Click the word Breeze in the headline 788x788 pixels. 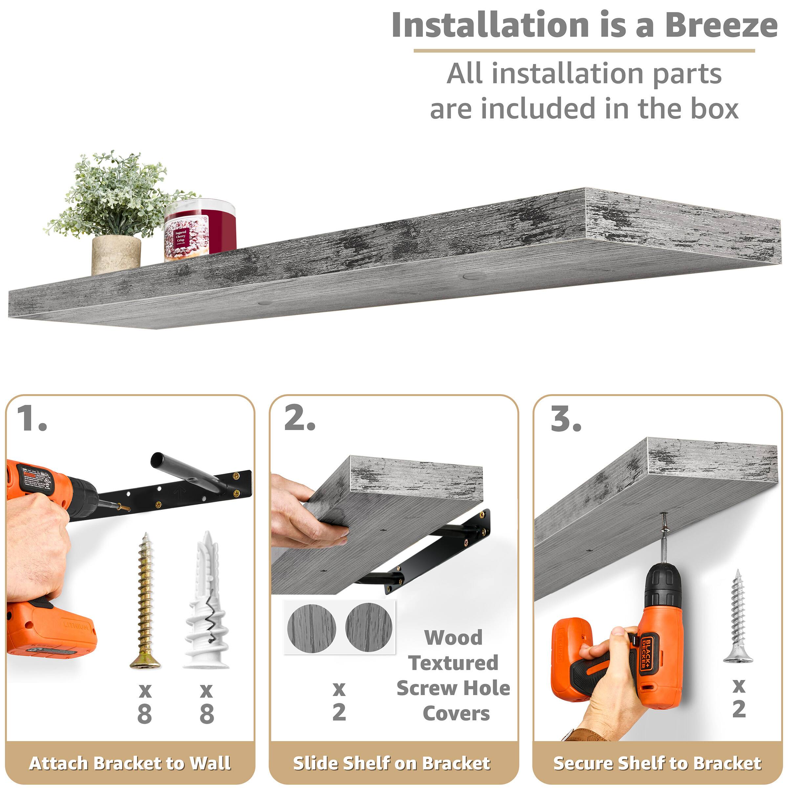[x=721, y=25]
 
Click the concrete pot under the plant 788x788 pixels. [x=116, y=254]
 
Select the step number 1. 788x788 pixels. [x=32, y=419]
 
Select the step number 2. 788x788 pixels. [x=299, y=419]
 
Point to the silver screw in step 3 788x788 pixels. [x=737, y=616]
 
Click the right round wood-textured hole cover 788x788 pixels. [x=369, y=627]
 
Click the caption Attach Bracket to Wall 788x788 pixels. [x=130, y=763]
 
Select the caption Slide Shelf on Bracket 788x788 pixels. [x=392, y=763]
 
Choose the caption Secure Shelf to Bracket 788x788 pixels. [x=657, y=763]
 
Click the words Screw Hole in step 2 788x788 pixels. [x=453, y=689]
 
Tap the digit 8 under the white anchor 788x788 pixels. [x=207, y=714]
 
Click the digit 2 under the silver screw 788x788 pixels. [x=739, y=709]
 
